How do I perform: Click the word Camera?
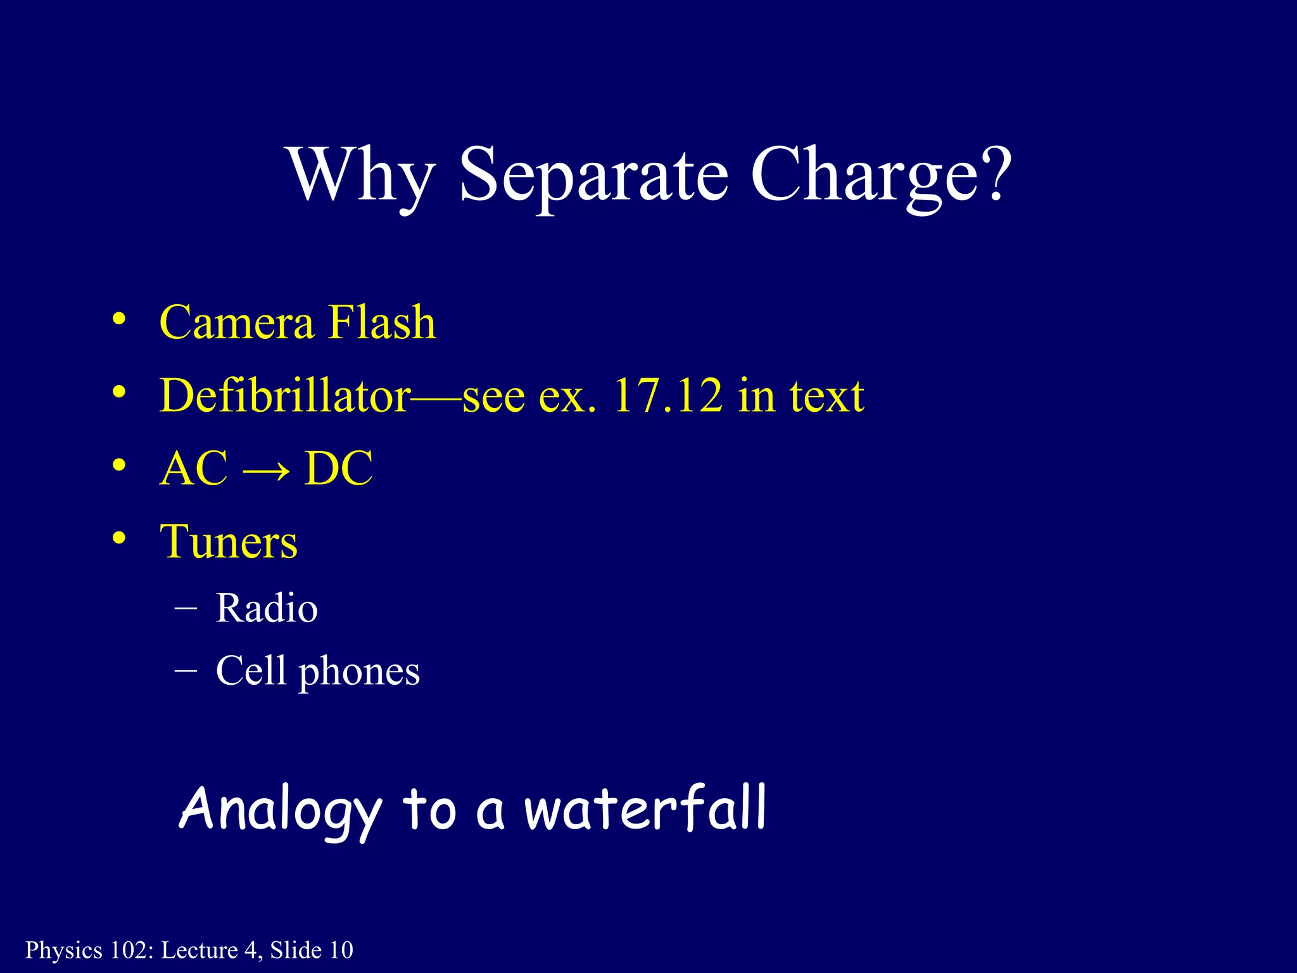237,322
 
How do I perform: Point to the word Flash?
383,322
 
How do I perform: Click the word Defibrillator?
285,395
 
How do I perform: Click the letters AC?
194,469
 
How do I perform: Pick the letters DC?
339,469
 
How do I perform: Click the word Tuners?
229,542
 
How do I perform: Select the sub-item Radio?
267,608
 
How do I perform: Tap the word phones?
359,671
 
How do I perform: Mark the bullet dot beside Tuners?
118,538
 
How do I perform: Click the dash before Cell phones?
186,669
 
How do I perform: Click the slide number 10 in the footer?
341,950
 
